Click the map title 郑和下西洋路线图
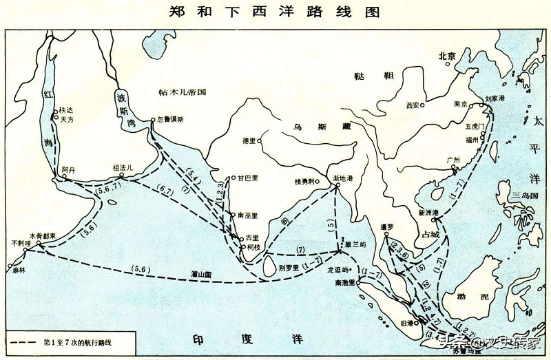click(x=275, y=12)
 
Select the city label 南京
click(x=460, y=105)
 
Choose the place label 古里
click(x=252, y=237)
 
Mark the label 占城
click(x=430, y=234)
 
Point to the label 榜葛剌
click(x=304, y=182)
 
